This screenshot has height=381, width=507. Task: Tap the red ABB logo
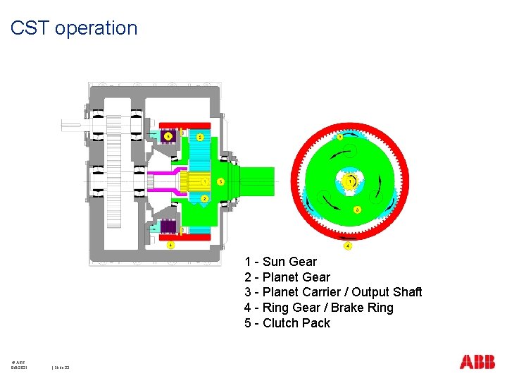(x=477, y=362)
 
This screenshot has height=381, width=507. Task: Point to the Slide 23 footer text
(x=65, y=368)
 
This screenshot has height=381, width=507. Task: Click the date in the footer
(x=19, y=368)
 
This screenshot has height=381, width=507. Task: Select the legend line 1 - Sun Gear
(x=280, y=262)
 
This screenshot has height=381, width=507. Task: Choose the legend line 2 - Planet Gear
(x=287, y=277)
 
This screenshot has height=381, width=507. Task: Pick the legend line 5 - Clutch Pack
(x=287, y=323)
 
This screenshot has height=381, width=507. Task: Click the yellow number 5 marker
(x=168, y=136)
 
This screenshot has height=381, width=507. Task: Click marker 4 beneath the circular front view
(x=347, y=246)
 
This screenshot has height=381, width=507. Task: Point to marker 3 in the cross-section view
(x=220, y=182)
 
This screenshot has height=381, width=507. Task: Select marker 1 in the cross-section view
(x=204, y=182)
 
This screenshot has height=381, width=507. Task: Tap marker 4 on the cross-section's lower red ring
(x=170, y=245)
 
